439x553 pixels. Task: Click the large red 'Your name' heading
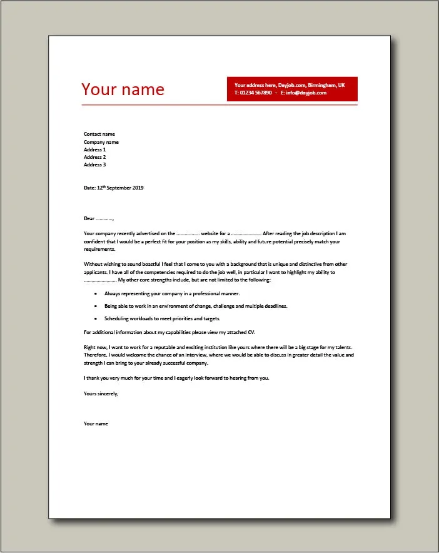123,89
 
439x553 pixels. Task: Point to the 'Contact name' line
99,134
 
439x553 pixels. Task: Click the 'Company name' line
101,142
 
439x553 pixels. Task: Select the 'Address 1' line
95,150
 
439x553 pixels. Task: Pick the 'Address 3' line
95,165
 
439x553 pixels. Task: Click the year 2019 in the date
137,188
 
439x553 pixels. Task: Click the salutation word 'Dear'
89,218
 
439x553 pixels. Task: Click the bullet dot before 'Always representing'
95,293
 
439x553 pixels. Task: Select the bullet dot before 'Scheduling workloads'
95,318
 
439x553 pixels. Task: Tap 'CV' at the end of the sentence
252,332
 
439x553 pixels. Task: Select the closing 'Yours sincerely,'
101,393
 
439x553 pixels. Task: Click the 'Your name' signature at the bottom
96,424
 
